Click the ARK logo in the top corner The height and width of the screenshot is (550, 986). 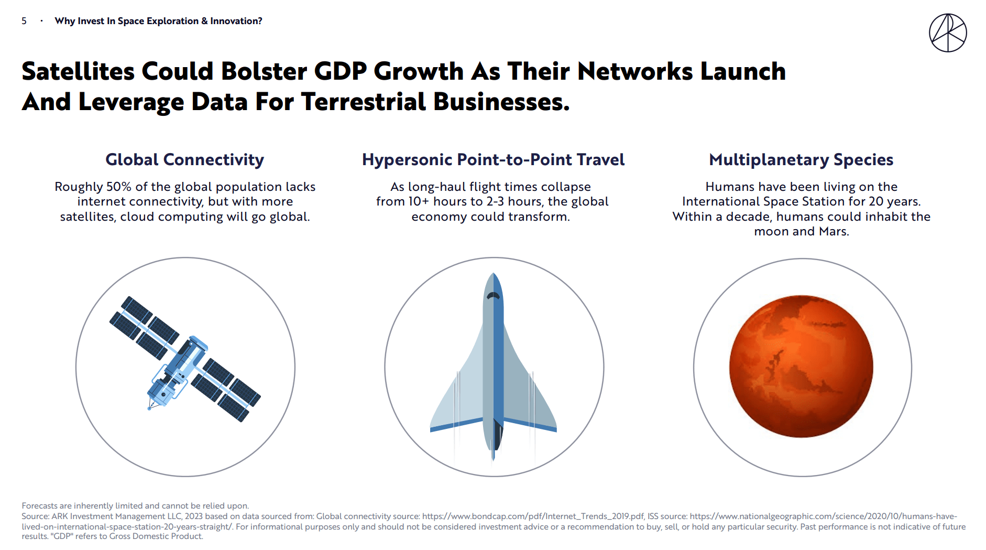[x=947, y=33]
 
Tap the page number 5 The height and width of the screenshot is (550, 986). [x=24, y=21]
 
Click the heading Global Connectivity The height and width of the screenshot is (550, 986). [x=184, y=159]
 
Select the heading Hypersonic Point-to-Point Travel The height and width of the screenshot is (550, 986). [x=493, y=159]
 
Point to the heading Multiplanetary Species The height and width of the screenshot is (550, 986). [x=801, y=159]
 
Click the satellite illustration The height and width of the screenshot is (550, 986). [x=184, y=360]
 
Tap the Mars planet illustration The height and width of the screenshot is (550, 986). [x=801, y=366]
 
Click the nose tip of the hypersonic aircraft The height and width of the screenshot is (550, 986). [x=493, y=274]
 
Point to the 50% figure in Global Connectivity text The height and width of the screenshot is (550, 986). [x=119, y=187]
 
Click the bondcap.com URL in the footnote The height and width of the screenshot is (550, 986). [x=533, y=516]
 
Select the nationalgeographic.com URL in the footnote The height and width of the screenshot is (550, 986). [x=823, y=516]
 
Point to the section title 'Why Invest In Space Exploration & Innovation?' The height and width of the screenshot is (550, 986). [x=158, y=21]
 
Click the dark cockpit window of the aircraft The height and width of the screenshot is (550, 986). [x=493, y=296]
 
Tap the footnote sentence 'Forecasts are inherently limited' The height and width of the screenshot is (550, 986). [x=135, y=506]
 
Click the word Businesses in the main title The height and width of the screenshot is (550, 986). [x=501, y=102]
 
